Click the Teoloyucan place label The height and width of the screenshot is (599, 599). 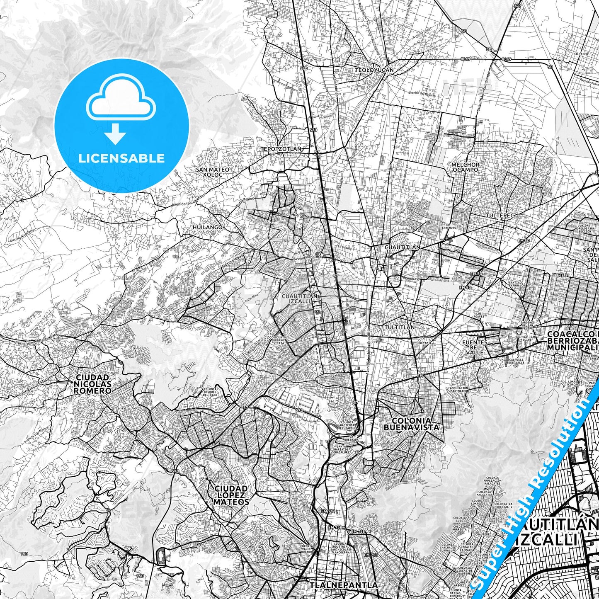click(x=374, y=70)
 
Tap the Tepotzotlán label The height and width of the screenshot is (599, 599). click(x=281, y=149)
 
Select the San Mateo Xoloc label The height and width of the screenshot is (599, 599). click(x=213, y=172)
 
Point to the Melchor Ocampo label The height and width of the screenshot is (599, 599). click(x=465, y=167)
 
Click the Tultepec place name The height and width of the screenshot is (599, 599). click(x=500, y=216)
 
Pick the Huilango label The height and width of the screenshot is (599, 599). click(x=208, y=228)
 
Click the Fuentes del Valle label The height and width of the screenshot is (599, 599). click(x=475, y=347)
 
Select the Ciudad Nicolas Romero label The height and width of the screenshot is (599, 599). click(x=93, y=384)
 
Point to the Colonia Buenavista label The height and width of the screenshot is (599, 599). click(x=411, y=424)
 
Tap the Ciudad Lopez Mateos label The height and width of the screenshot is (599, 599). click(x=231, y=495)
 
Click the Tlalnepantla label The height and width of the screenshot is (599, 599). click(x=344, y=585)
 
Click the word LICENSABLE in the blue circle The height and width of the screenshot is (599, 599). click(x=121, y=158)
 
